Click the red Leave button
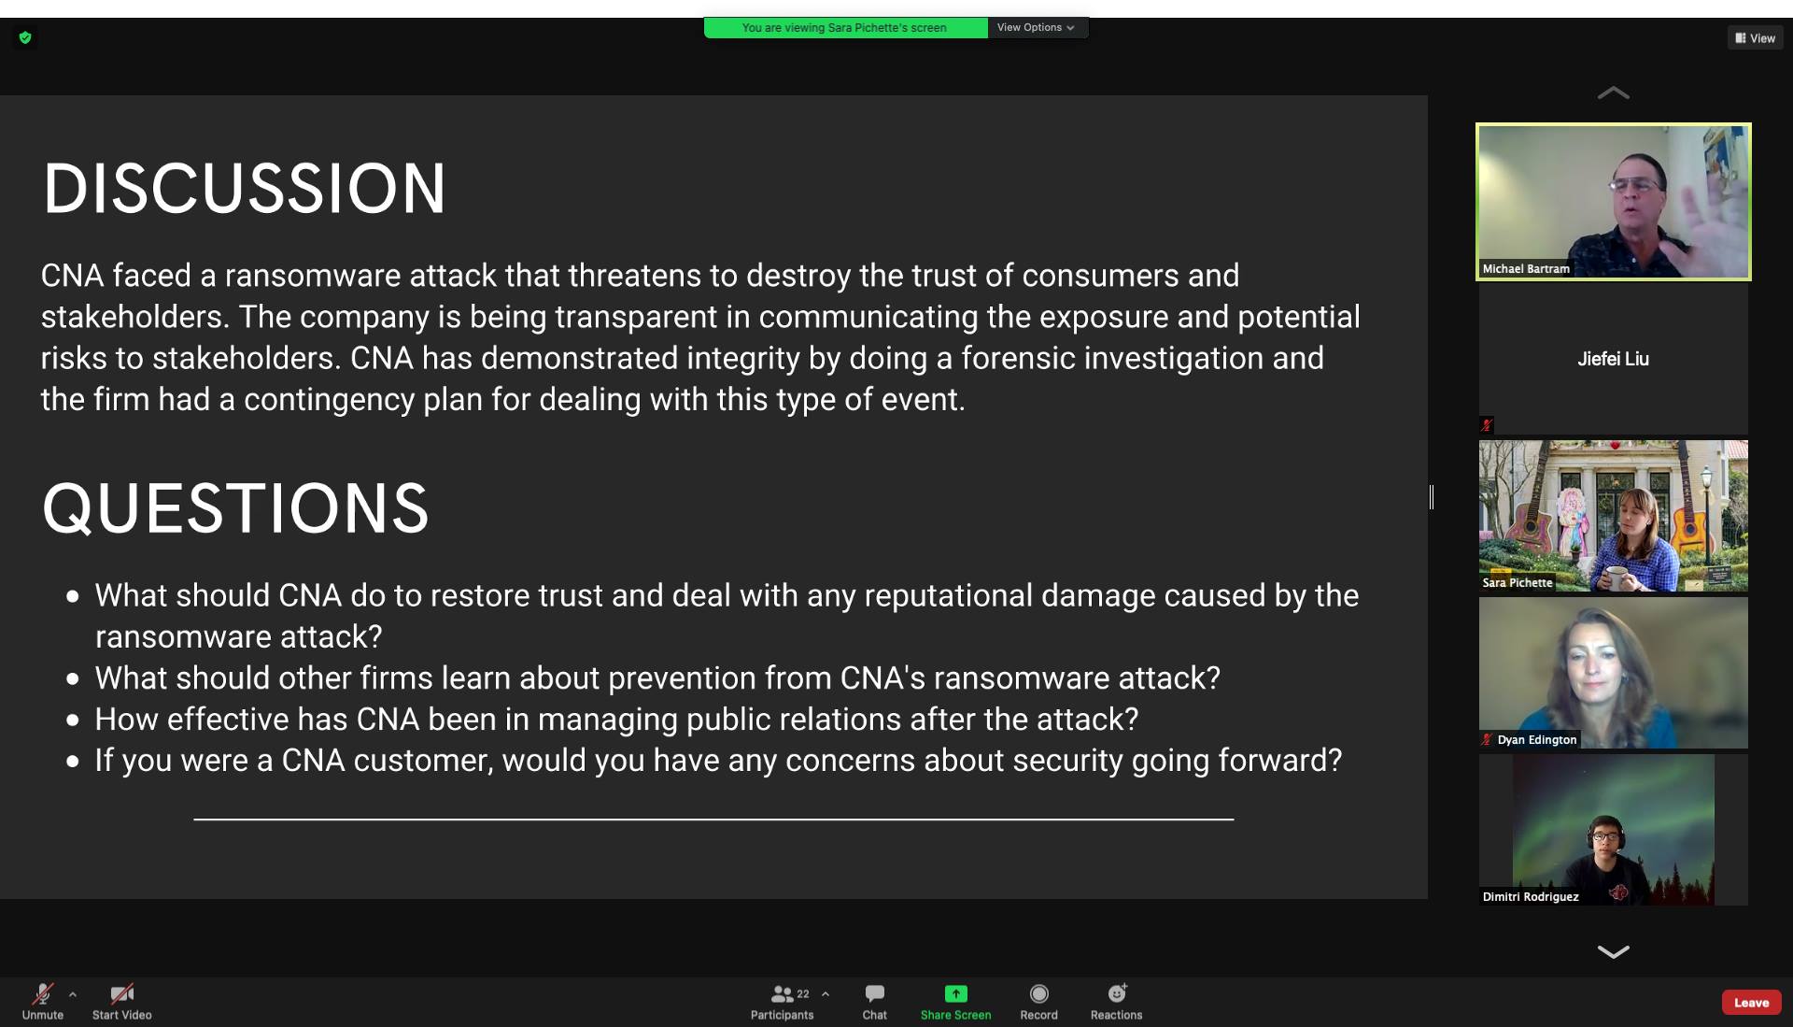[x=1751, y=1003]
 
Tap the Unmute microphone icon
[x=43, y=993]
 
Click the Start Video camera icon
[x=121, y=993]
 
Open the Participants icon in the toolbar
[x=782, y=993]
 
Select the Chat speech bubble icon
[x=875, y=993]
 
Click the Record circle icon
[x=1038, y=993]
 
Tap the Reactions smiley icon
[x=1117, y=992]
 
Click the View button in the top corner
[x=1756, y=38]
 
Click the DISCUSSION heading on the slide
[x=245, y=188]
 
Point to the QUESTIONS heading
[x=235, y=508]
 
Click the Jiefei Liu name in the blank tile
[x=1613, y=359]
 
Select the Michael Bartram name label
[x=1526, y=268]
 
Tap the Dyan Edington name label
[x=1537, y=739]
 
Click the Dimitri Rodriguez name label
[x=1531, y=896]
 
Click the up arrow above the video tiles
[x=1613, y=93]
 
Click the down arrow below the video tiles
[x=1613, y=951]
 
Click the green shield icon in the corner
[x=25, y=37]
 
